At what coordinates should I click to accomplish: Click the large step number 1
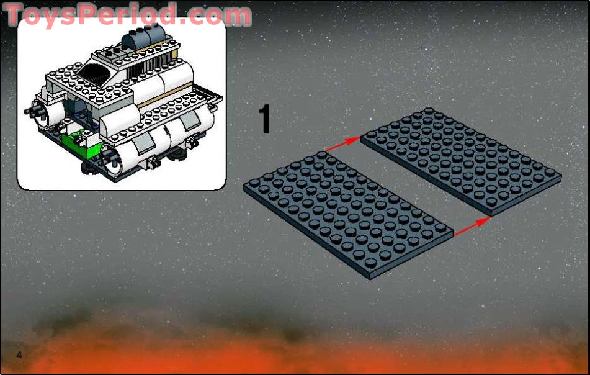coord(265,120)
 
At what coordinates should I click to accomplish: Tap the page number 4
coord(20,355)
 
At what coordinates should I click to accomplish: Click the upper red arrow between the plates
coord(342,144)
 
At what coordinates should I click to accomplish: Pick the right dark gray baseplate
coord(460,160)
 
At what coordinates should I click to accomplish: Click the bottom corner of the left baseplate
coord(370,278)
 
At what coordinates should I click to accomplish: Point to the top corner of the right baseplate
coord(428,109)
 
